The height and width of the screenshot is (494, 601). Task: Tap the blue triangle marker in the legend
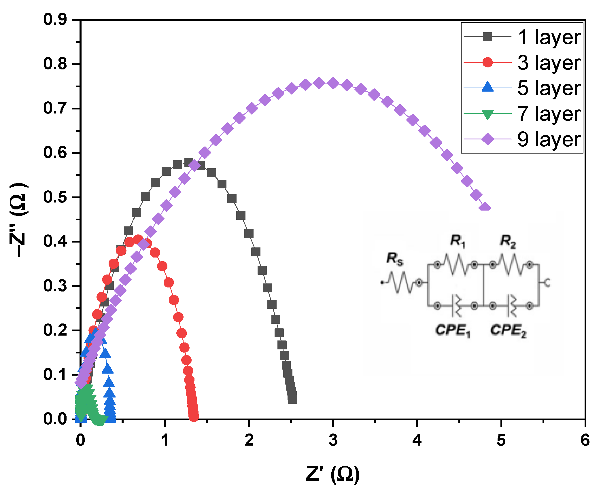[487, 87]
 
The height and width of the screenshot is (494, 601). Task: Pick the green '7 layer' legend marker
[487, 114]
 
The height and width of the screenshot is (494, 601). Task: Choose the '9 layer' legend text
[549, 139]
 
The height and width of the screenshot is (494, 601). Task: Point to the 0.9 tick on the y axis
[55, 20]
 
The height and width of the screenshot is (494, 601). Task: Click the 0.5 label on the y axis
[55, 197]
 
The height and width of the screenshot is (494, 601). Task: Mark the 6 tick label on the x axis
[585, 440]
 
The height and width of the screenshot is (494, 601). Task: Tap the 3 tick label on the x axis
[333, 440]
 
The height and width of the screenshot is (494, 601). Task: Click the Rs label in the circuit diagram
[394, 258]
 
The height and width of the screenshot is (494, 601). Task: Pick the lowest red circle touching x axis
[194, 417]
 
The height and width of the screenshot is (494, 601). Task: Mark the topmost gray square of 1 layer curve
[188, 163]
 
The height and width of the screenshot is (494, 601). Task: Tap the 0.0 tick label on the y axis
[55, 419]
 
